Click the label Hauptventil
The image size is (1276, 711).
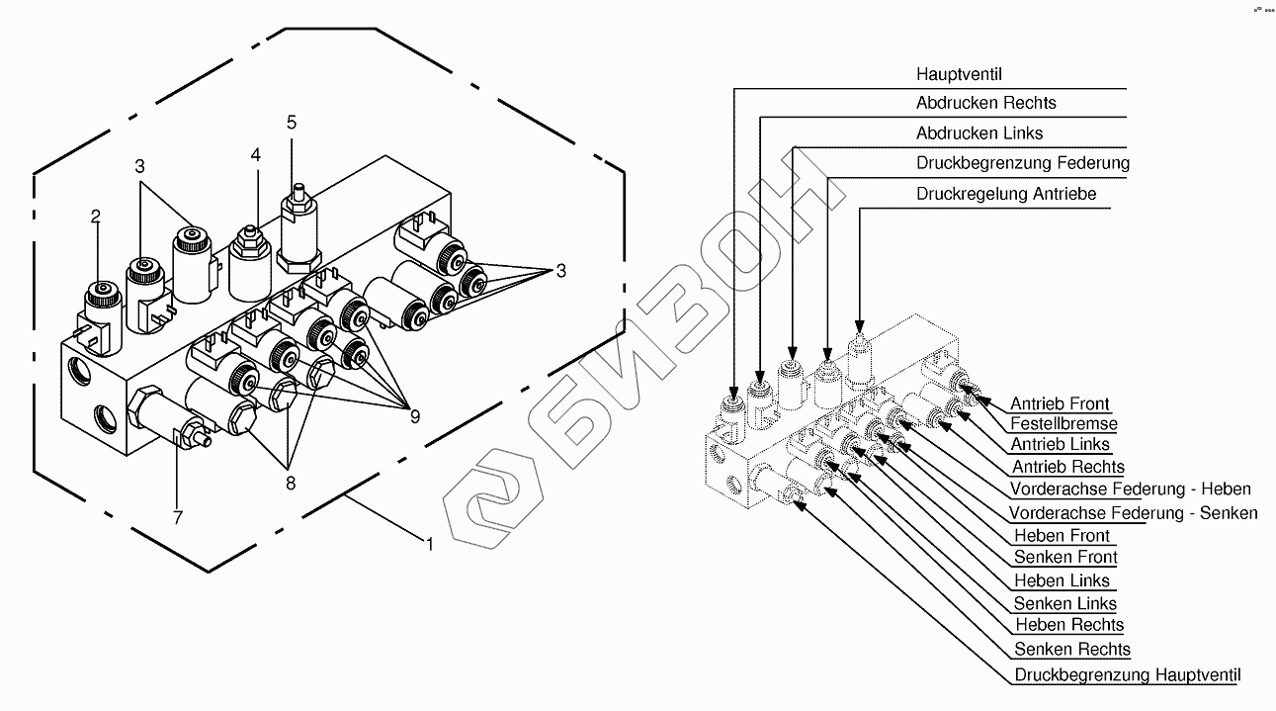click(x=959, y=74)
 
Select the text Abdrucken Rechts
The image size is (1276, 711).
click(x=985, y=103)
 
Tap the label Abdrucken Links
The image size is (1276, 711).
click(x=978, y=133)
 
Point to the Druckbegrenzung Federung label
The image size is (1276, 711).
click(x=1022, y=162)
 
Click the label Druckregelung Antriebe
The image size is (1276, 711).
click(x=1006, y=194)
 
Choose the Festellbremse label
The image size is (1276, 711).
click(x=1063, y=424)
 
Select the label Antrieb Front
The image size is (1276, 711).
click(x=1060, y=403)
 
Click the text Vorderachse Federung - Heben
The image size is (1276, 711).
click(x=1130, y=489)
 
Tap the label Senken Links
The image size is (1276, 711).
click(x=1064, y=603)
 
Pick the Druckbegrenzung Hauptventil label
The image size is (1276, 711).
click(x=1127, y=675)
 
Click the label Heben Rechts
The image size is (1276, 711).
click(x=1068, y=625)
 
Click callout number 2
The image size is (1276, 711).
click(x=96, y=217)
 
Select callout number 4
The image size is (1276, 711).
click(x=256, y=155)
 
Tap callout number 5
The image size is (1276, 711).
click(x=292, y=122)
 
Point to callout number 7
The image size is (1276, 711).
click(x=178, y=516)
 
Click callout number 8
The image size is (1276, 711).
click(x=289, y=484)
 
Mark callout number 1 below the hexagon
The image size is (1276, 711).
click(x=429, y=542)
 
